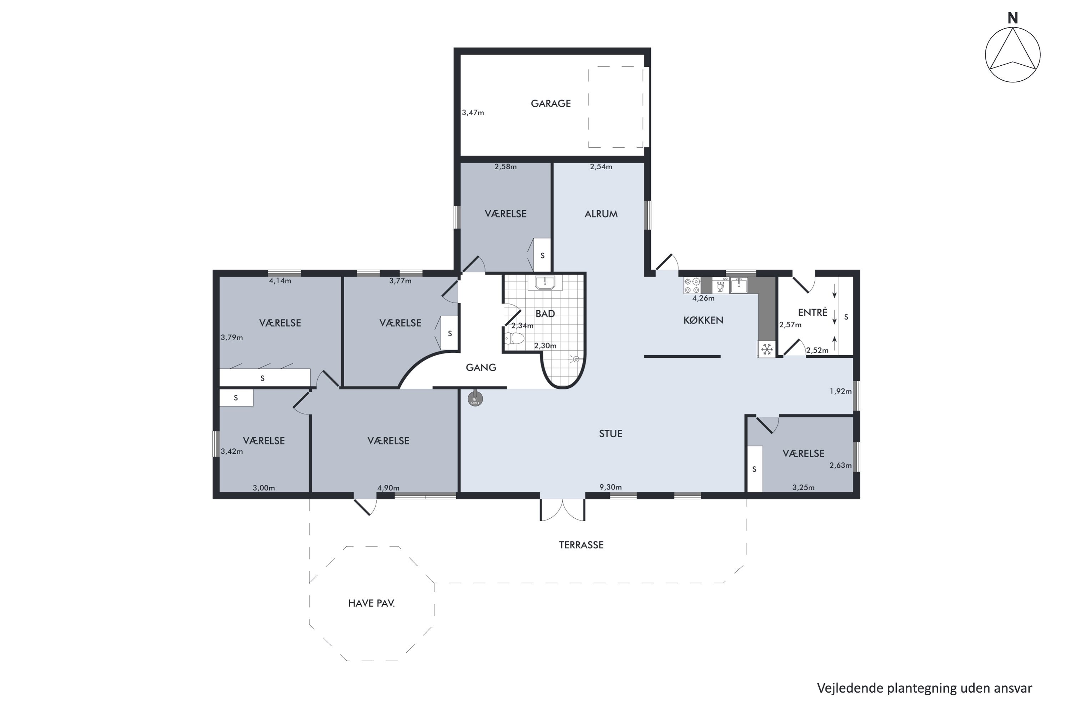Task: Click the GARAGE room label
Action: click(550, 104)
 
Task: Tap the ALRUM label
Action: click(601, 214)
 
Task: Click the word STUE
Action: click(610, 433)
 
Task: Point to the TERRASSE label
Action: click(581, 545)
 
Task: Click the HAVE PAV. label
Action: click(371, 603)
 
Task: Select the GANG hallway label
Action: click(481, 367)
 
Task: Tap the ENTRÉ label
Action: click(813, 312)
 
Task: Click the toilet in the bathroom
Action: click(514, 338)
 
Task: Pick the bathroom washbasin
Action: click(545, 283)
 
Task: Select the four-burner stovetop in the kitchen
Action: click(692, 286)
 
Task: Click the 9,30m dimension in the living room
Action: click(610, 487)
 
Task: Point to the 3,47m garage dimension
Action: click(473, 112)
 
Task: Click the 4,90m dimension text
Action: click(388, 488)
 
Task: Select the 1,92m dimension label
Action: click(841, 391)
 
